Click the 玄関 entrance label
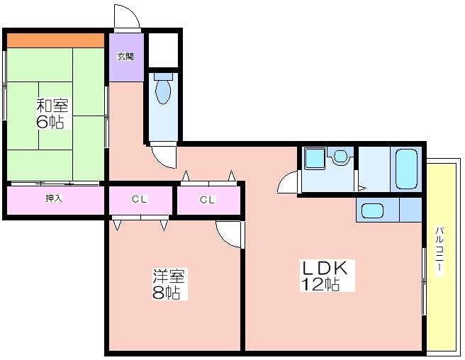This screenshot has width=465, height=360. coord(125,57)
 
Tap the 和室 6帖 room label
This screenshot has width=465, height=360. coord(52,113)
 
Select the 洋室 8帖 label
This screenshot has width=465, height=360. coord(169,283)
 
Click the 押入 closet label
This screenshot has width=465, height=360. coord(54,198)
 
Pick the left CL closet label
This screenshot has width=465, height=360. coord(140,199)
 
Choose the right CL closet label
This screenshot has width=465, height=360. coord(207,200)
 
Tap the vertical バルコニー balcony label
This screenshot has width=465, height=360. coord(439,252)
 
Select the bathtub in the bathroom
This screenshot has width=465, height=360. coord(406,169)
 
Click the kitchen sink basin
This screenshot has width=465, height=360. coord(372,210)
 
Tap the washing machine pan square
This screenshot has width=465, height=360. coord(315,159)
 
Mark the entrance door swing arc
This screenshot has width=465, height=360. coord(134,13)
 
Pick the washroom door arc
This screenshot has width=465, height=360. coord(283,179)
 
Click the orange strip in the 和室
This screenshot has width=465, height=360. coord(55,40)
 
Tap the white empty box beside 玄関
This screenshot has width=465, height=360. coord(164,50)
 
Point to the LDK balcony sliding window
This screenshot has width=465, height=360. coord(425,281)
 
